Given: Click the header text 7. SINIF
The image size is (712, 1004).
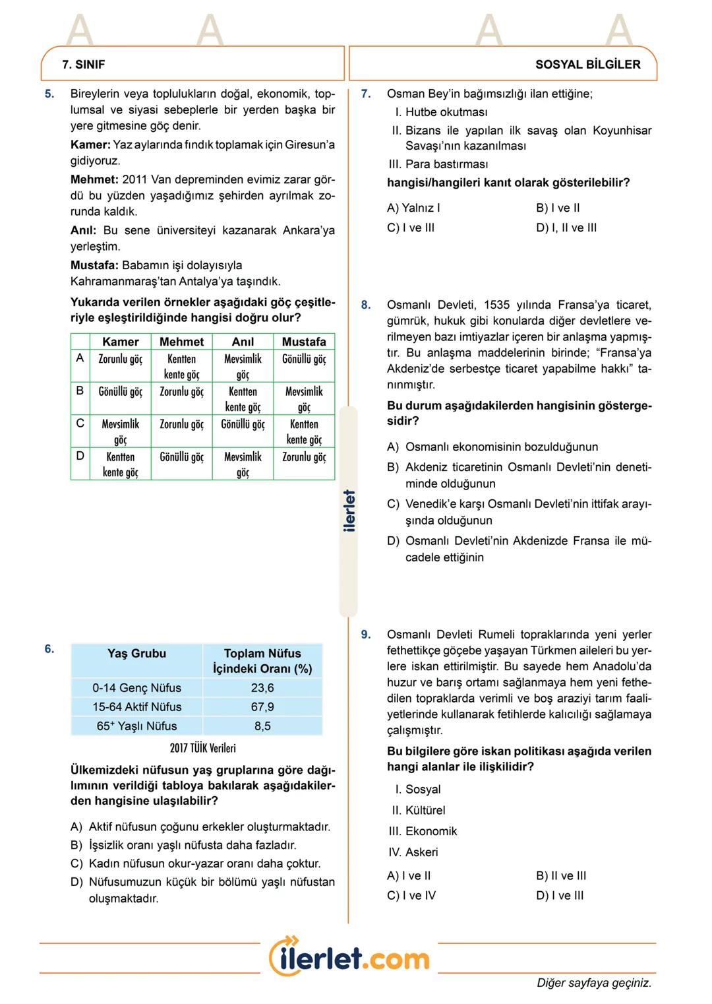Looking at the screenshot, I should point(83,65).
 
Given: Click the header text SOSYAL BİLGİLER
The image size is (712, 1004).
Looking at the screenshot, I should point(587,65).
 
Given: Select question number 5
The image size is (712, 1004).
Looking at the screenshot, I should point(49,94).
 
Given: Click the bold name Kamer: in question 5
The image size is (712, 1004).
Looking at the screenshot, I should point(90,144).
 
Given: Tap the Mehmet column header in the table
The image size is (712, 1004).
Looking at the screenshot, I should point(181,342).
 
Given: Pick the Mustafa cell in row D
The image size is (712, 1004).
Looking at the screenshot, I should point(304,457).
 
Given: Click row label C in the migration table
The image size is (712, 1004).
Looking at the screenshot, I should point(80,424).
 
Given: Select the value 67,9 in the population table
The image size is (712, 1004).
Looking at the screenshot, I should point(262,706).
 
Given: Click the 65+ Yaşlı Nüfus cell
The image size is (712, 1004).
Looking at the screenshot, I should point(136,726).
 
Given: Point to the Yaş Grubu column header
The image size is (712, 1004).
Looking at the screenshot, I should point(136,654).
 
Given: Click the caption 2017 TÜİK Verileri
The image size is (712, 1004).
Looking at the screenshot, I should point(202,748).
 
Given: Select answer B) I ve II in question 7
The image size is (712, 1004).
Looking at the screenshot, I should point(558,208).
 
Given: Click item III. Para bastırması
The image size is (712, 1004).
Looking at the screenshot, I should point(438,164).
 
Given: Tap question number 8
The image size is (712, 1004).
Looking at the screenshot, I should point(366,305).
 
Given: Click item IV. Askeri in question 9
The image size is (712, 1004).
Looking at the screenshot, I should point(413,852).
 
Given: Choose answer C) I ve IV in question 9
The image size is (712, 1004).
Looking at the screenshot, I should point(411,896).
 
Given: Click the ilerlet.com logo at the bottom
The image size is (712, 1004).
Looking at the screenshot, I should point(349,957).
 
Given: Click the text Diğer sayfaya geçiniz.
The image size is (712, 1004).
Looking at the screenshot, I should point(593,983).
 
